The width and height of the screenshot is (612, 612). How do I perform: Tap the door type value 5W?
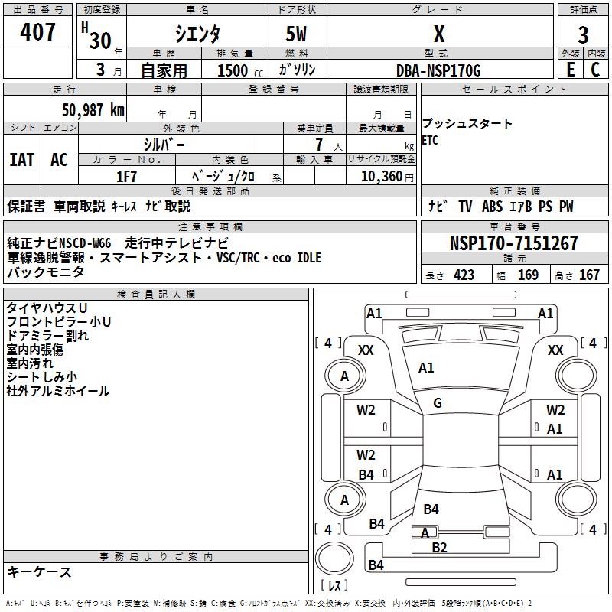click(x=298, y=34)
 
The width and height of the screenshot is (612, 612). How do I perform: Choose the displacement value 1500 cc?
click(x=237, y=70)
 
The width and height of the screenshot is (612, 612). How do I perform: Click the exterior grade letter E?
click(x=570, y=70)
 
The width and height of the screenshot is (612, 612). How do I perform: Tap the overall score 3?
click(x=583, y=34)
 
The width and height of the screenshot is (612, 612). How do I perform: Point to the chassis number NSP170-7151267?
click(x=513, y=243)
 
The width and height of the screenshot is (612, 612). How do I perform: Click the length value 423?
click(x=464, y=275)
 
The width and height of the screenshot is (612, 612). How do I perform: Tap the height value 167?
click(x=589, y=275)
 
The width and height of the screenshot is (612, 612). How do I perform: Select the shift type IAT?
click(x=21, y=160)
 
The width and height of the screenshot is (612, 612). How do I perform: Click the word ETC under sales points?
click(x=430, y=141)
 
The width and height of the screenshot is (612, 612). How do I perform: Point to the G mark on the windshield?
click(x=438, y=403)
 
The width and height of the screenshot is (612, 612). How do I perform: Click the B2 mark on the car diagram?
click(x=439, y=547)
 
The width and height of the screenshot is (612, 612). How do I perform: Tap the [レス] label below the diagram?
click(x=334, y=587)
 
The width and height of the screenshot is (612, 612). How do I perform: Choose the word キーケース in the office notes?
click(x=39, y=571)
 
